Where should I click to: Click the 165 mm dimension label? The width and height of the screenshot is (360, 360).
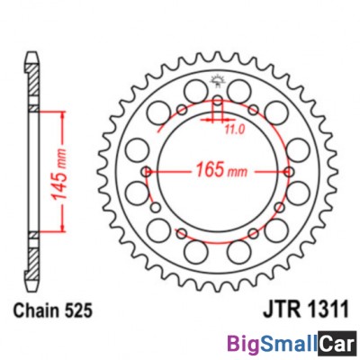(x=221, y=170)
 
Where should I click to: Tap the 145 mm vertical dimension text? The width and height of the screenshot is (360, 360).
(x=58, y=174)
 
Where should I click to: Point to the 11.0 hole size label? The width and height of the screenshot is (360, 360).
(x=235, y=130)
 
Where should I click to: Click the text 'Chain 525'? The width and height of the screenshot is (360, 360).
(x=53, y=310)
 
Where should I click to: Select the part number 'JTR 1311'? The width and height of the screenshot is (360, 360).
(x=306, y=310)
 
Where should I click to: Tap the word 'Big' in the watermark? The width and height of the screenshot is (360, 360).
(x=242, y=346)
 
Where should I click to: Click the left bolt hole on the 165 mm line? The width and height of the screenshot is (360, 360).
(x=147, y=172)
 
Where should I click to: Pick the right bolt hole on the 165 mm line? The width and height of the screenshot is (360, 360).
(x=290, y=172)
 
